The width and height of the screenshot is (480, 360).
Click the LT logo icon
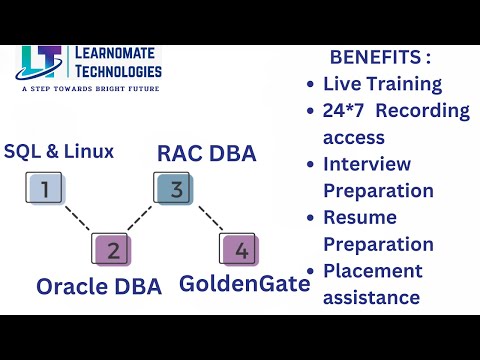(41, 61)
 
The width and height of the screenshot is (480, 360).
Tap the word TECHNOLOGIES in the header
(117, 71)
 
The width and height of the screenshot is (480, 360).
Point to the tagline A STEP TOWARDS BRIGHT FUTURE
(90, 89)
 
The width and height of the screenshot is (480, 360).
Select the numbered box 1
(43, 187)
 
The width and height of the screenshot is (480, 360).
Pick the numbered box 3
(173, 187)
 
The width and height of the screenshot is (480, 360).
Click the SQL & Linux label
(59, 152)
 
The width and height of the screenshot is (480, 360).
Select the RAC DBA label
(207, 154)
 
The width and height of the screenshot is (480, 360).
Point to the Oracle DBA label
(99, 286)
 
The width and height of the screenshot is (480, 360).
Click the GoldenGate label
(245, 284)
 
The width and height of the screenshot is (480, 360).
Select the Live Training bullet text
(382, 84)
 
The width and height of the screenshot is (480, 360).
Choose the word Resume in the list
(360, 217)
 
